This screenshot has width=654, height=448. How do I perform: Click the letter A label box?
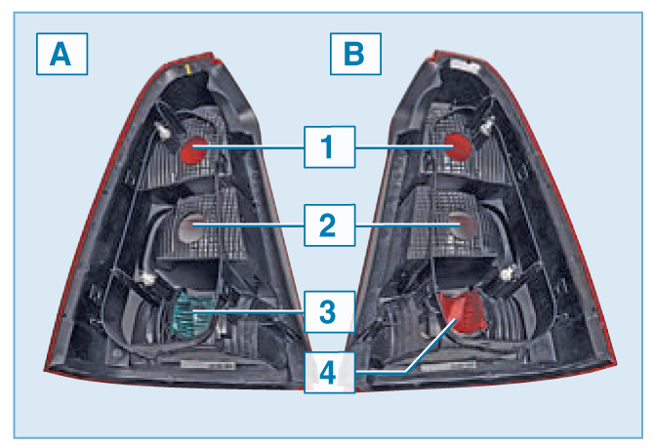pyautogui.click(x=61, y=56)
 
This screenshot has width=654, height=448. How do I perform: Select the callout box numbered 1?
pyautogui.click(x=329, y=147)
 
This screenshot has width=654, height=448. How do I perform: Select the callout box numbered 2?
pyautogui.click(x=329, y=225)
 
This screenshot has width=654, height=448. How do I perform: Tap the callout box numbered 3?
pyautogui.click(x=329, y=311)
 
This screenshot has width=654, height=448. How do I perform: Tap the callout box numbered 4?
pyautogui.click(x=329, y=372)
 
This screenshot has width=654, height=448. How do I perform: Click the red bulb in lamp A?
pyautogui.click(x=191, y=148)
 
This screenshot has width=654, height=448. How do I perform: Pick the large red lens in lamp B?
pyautogui.click(x=462, y=311)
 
